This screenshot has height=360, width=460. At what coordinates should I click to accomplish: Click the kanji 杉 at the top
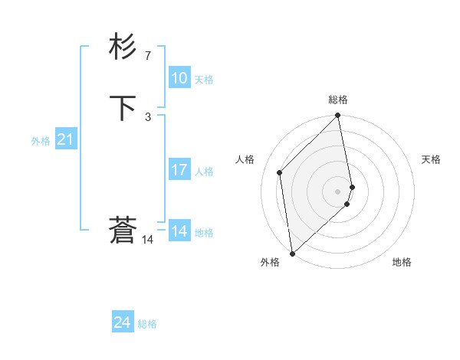coord(123,47)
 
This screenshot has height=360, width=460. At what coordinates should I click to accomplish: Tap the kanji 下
coord(123,108)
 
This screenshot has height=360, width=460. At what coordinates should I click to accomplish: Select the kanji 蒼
coord(123,230)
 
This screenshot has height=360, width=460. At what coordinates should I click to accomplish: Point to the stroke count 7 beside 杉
coord(147,56)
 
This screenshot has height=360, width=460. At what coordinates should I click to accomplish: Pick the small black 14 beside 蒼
coord(147,240)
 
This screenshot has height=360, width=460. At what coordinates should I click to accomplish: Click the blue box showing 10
coord(179,78)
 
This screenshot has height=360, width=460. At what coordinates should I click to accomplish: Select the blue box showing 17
coord(179,170)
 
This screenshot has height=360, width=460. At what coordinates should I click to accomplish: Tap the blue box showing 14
coord(179,231)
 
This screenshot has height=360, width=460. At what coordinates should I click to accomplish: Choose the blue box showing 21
coord(66,139)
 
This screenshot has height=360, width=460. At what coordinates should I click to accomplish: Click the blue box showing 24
coord(122,322)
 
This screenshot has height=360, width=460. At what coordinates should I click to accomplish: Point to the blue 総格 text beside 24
coord(147,324)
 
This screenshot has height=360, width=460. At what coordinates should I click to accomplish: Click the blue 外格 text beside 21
coord(41,141)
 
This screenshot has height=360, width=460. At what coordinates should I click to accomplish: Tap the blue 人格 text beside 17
coord(204,172)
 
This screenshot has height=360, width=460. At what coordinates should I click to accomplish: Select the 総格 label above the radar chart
coord(338,100)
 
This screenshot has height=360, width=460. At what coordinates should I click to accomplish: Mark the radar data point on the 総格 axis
coord(338,116)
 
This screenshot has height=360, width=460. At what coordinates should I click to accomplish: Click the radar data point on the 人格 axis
coord(280,172)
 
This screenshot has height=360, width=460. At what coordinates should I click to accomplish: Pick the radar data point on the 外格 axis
coord(291,253)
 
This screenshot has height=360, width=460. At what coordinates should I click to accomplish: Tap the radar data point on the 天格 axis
coord(353,186)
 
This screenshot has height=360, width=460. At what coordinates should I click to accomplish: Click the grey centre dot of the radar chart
coord(338,191)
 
